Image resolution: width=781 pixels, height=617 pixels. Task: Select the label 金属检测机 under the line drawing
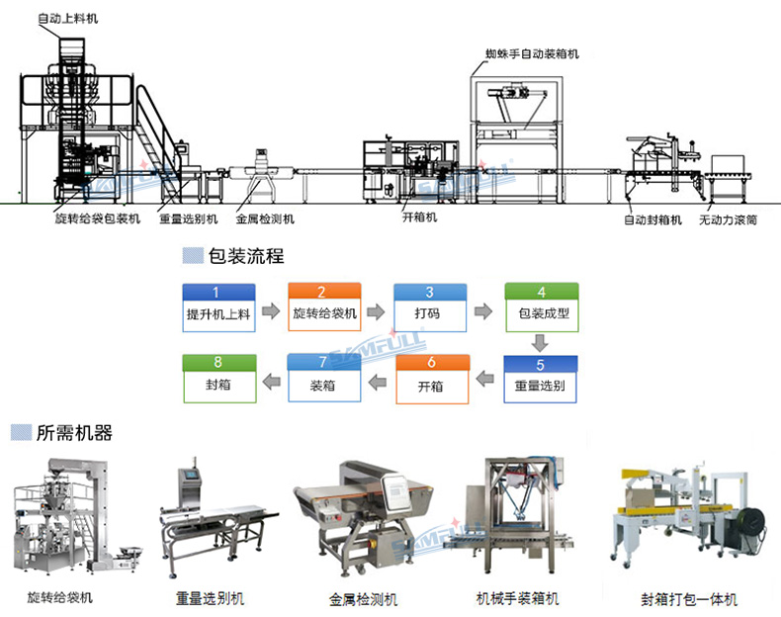pyautogui.click(x=264, y=220)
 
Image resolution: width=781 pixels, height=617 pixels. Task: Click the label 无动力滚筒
pyautogui.click(x=729, y=220)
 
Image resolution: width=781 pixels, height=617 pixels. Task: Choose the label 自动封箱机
pyautogui.click(x=652, y=220)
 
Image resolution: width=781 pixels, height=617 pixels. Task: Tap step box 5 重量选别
pyautogui.click(x=540, y=377)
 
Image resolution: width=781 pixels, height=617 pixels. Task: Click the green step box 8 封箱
pyautogui.click(x=218, y=377)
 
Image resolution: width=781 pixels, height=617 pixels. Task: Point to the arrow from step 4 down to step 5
pyautogui.click(x=540, y=343)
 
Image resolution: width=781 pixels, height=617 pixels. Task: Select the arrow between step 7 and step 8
pyautogui.click(x=270, y=379)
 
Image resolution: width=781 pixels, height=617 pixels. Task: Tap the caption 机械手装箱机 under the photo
pyautogui.click(x=517, y=599)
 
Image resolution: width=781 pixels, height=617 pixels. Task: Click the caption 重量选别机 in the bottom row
pyautogui.click(x=210, y=599)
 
